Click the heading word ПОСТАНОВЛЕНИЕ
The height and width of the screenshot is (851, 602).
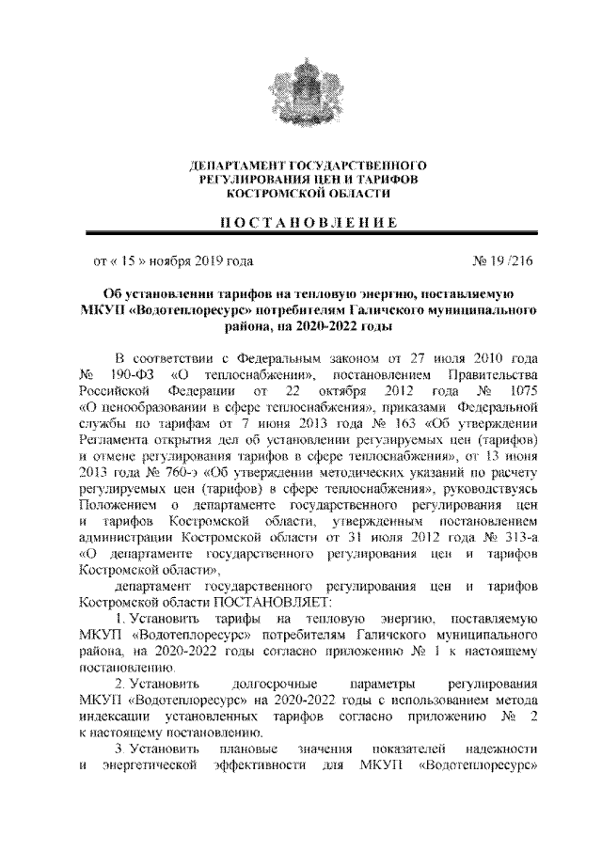coord(301,223)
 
